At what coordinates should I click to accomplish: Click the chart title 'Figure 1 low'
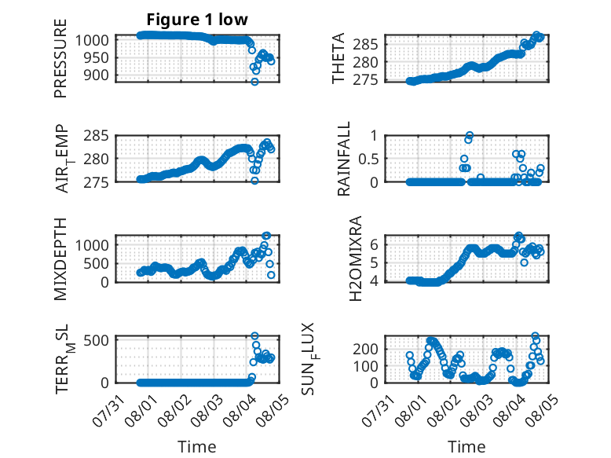point(197,20)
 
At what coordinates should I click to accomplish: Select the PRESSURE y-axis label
point(60,58)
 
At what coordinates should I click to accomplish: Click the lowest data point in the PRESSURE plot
point(254,82)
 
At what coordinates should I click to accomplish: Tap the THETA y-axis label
point(338,58)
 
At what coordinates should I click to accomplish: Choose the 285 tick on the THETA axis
point(365,45)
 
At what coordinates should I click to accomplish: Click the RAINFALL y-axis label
point(344,159)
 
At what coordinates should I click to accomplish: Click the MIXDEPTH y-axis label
point(60,259)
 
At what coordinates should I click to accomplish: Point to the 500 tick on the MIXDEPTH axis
point(99,264)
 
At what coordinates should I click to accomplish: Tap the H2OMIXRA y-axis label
point(356,258)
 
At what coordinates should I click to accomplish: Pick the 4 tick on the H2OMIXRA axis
point(374,280)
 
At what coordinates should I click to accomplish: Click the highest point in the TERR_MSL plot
point(254,335)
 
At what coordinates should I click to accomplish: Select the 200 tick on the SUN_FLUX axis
point(365,349)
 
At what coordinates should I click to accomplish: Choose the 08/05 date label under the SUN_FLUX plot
point(542,411)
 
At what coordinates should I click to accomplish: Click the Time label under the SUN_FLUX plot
point(466,447)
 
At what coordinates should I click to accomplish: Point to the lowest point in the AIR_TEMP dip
point(254,181)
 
